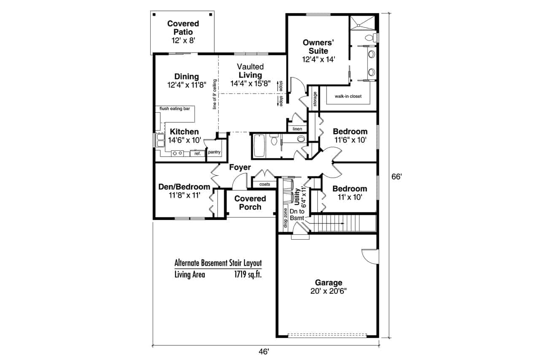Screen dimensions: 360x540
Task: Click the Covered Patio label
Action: point(183,27)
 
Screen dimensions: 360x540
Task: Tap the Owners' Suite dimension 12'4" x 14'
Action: point(319,60)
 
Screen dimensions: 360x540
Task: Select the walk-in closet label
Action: point(348,96)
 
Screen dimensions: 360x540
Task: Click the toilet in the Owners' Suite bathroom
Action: point(370,38)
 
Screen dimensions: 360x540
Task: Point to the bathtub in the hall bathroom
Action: point(259,145)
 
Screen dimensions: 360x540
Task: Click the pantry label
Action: point(214,152)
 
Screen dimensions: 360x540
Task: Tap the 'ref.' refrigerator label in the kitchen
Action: point(197,154)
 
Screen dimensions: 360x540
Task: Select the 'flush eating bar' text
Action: point(175,109)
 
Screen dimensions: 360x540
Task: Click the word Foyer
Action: point(240,168)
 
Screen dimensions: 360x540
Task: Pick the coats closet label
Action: point(265,184)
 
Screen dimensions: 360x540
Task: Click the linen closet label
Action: point(297,128)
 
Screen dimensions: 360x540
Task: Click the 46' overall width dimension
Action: point(264,351)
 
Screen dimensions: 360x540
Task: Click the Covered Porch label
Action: point(250,203)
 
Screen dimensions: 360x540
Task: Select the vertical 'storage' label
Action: point(315,99)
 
